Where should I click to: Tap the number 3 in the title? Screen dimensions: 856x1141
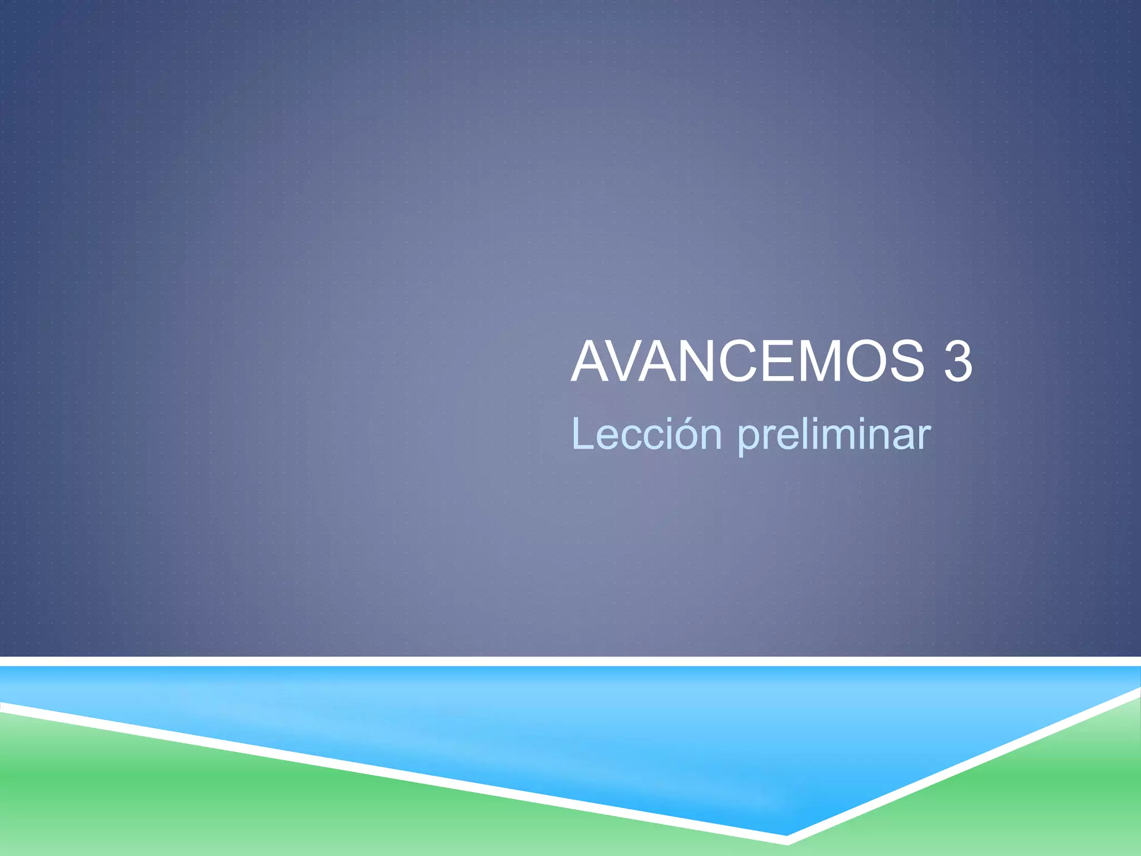click(958, 362)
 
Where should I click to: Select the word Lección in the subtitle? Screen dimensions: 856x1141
click(647, 434)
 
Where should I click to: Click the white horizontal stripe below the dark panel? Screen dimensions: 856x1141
click(570, 661)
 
